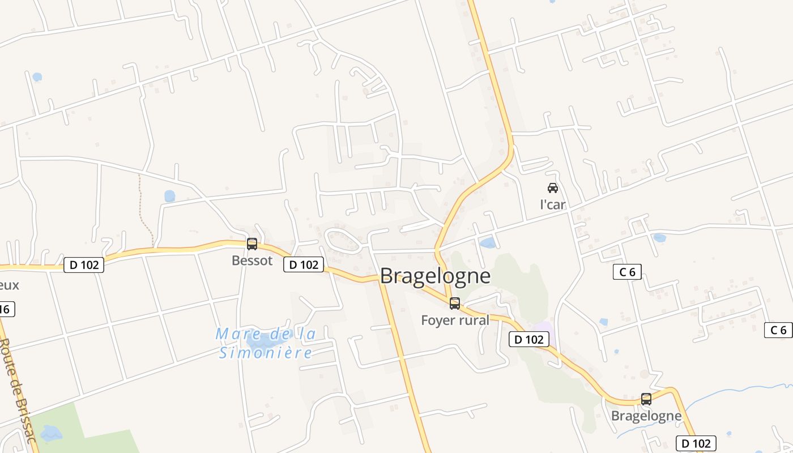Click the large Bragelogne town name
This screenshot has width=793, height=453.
coord(435,276)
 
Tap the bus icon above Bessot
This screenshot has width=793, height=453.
coord(252,244)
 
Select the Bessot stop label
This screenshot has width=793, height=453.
coord(252,261)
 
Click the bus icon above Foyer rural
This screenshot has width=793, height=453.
coord(455,304)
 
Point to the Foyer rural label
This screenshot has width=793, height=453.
coord(455,320)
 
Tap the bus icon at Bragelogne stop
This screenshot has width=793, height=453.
coord(646,399)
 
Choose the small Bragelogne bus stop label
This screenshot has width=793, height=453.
coord(646,416)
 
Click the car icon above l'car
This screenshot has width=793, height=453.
coord(553,188)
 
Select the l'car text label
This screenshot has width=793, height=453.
coord(553,204)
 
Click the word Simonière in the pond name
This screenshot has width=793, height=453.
coord(266,353)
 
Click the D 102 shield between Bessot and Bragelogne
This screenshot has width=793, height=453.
coord(304,264)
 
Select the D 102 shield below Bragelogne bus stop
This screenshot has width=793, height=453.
coord(697,443)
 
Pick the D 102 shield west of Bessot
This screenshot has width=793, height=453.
coord(84,264)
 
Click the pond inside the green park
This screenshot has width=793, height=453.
coord(51,433)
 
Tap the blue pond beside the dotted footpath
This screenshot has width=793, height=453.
coord(170,196)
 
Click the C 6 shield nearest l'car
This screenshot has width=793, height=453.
coord(627,272)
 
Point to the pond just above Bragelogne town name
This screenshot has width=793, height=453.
coord(487,243)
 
